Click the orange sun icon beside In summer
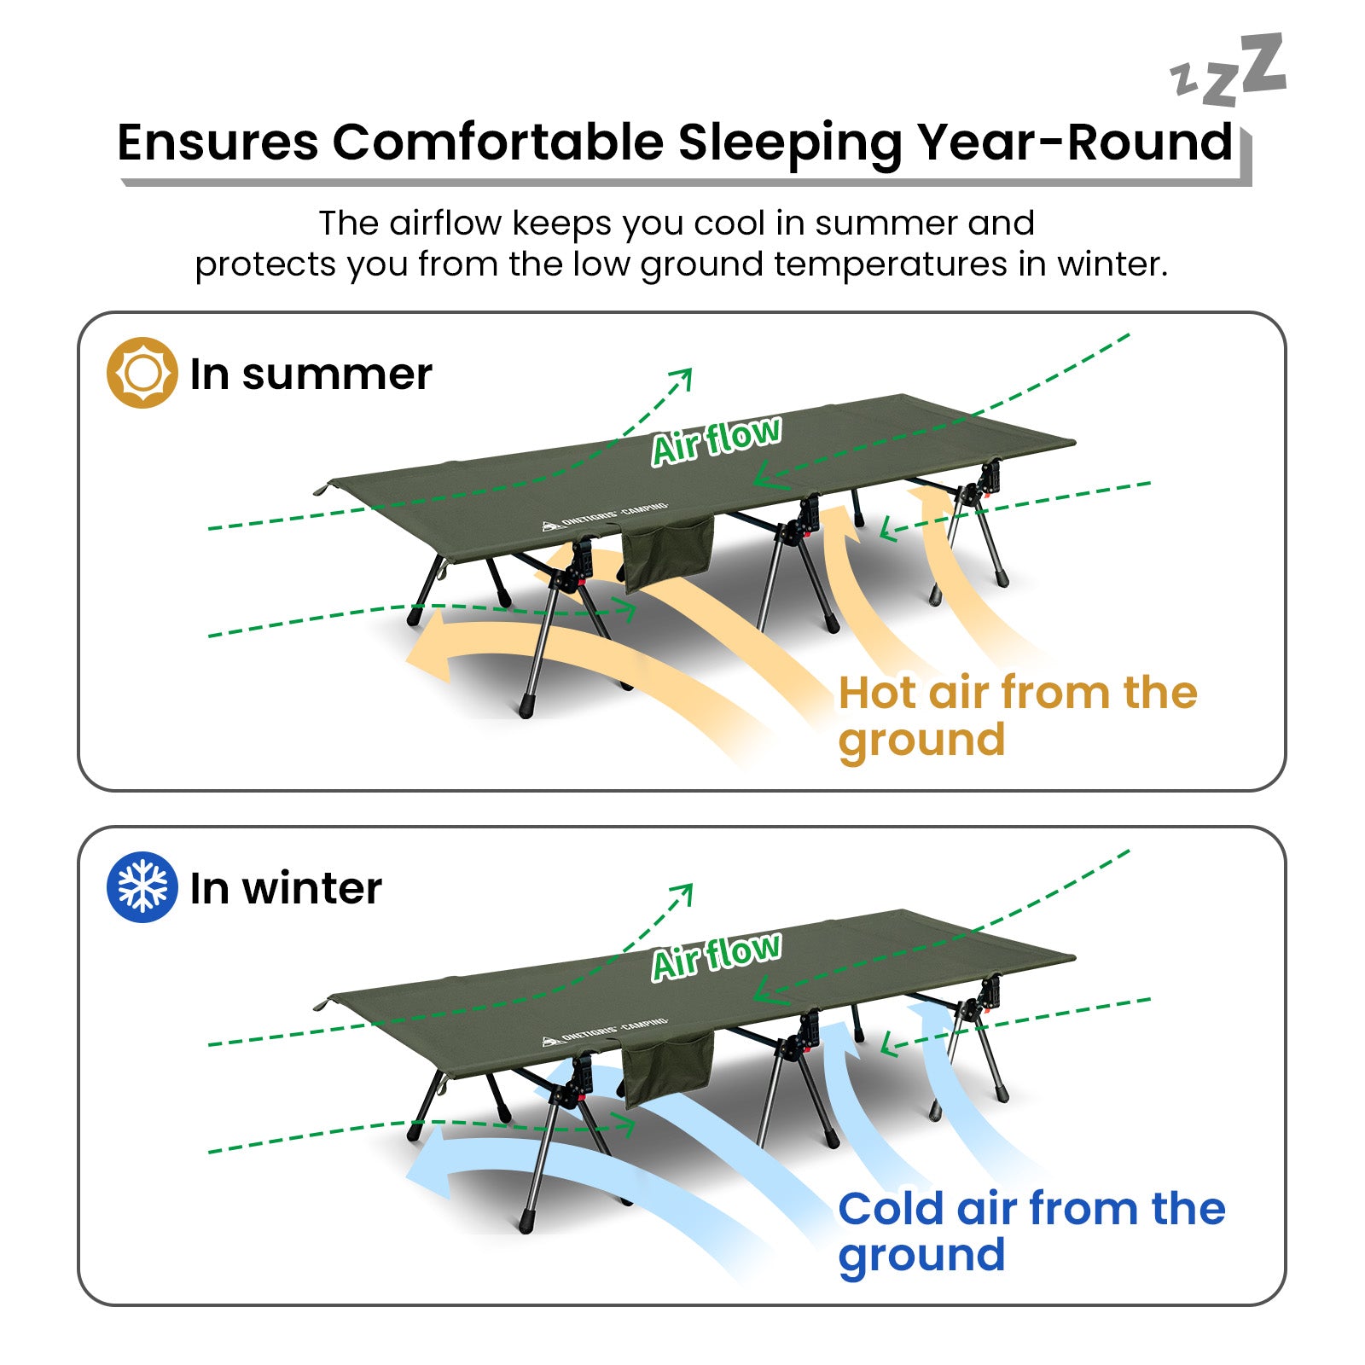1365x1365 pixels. tap(142, 373)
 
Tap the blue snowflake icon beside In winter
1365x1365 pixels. tap(142, 886)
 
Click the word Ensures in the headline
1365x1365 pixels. tap(218, 142)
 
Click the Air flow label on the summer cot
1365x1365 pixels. tap(716, 441)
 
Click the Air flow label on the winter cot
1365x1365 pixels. tap(716, 956)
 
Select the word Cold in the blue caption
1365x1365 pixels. tap(891, 1208)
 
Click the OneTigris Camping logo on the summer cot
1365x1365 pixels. tap(605, 516)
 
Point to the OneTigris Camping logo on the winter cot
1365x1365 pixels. tap(605, 1031)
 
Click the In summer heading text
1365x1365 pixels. tap(311, 375)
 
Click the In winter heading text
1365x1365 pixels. tap(286, 888)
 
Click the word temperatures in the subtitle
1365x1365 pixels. tap(891, 264)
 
